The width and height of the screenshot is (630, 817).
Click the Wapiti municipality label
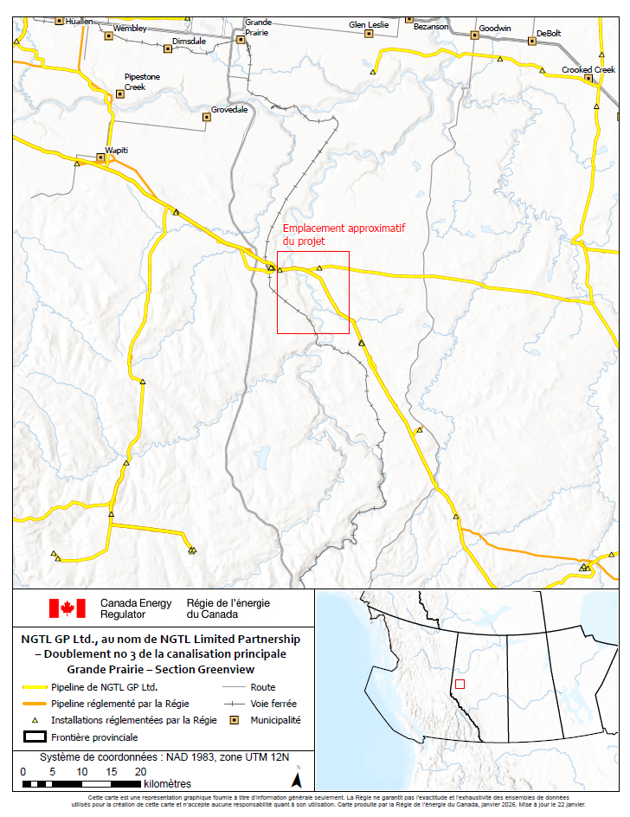click(116, 150)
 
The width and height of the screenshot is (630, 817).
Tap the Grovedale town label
click(229, 110)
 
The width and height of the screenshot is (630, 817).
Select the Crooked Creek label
click(588, 69)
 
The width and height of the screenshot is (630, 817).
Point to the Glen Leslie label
click(369, 24)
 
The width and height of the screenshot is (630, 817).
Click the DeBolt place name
click(549, 33)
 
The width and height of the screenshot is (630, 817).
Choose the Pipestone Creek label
click(142, 81)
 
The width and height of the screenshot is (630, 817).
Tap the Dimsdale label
click(189, 41)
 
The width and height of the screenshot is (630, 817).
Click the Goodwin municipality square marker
click(474, 35)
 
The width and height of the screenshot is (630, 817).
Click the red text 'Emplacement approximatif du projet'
click(344, 235)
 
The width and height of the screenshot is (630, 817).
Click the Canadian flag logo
click(67, 608)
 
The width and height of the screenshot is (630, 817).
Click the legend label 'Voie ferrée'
click(273, 704)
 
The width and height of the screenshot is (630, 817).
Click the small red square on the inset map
click(460, 684)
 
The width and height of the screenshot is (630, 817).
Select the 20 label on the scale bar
click(140, 771)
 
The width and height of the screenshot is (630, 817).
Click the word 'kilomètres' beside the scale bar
click(168, 784)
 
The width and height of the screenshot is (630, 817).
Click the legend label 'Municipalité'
click(275, 720)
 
